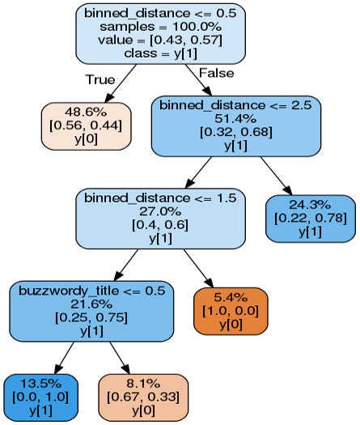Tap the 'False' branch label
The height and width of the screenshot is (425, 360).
(x=215, y=74)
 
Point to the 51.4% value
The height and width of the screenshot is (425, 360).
(x=236, y=120)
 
